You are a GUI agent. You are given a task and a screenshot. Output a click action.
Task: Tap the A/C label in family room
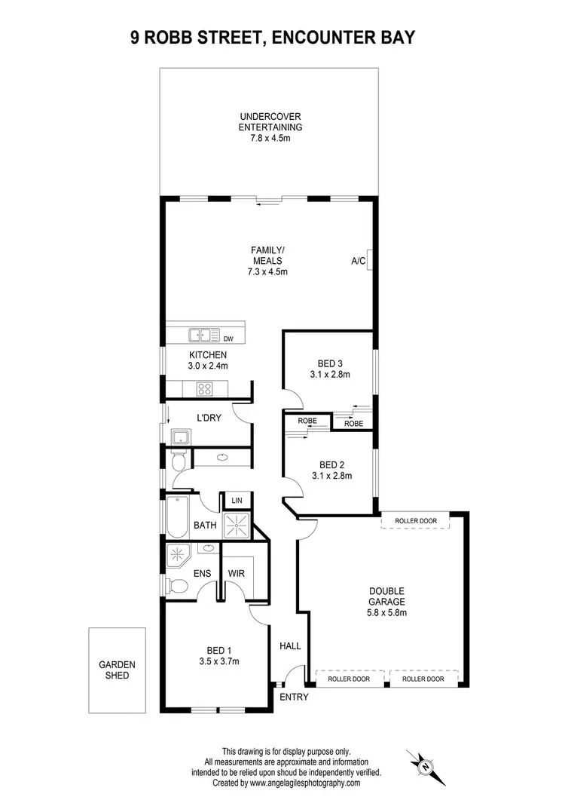coord(358,261)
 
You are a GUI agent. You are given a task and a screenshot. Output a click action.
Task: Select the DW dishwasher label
coord(228,338)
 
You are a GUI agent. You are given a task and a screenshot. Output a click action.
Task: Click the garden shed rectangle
coord(117,670)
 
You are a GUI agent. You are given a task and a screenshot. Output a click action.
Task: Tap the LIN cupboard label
coord(237,501)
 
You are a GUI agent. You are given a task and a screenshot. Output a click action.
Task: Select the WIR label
coord(237,573)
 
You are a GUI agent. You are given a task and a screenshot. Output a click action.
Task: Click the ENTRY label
coord(294,697)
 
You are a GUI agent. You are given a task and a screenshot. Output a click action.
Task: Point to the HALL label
coord(290,646)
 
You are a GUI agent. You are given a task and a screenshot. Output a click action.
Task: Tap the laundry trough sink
coord(181,437)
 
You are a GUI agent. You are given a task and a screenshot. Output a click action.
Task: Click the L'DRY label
coord(208,418)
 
